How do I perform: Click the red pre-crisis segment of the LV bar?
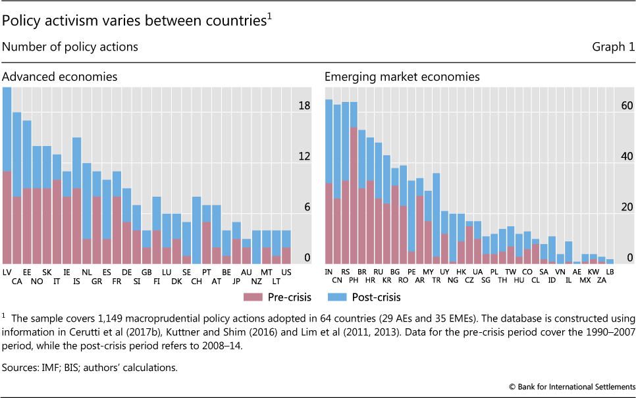coord(7,217)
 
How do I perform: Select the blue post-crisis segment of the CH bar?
coord(197,230)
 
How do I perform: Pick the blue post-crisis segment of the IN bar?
coord(329,141)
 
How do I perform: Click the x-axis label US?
coord(286,271)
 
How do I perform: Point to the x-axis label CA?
coord(17,280)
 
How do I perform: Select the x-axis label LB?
coord(610,271)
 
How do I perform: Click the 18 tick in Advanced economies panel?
coord(304,106)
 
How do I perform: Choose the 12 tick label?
coord(304,157)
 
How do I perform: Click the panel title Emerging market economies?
coord(402,77)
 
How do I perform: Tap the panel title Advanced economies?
coord(60,77)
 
